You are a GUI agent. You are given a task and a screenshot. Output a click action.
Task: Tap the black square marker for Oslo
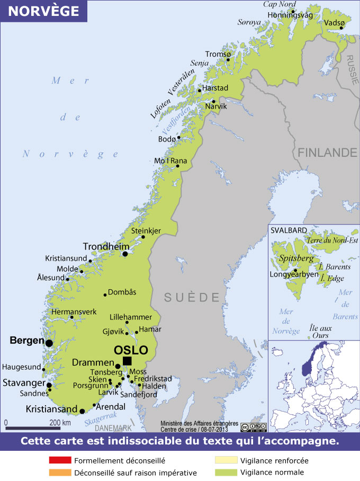tap(127, 361)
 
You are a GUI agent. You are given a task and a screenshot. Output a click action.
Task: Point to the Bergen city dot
tap(49, 343)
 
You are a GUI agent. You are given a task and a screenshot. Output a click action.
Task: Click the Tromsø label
tap(219, 55)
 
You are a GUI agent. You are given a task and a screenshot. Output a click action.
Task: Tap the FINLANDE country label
tap(327, 152)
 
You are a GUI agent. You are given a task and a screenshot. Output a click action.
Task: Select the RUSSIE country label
tap(353, 70)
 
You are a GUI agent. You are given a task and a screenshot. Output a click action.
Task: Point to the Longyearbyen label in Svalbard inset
tap(294, 275)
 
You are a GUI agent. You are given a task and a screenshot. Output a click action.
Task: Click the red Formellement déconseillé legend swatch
tap(59, 460)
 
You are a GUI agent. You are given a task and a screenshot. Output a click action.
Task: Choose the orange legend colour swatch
tap(59, 473)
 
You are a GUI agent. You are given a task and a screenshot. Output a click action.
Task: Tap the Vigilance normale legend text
tap(272, 473)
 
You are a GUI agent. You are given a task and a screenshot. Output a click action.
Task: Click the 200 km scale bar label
tap(59, 423)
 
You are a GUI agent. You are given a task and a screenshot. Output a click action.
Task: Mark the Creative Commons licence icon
tap(253, 428)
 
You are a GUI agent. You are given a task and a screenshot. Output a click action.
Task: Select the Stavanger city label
tap(22, 382)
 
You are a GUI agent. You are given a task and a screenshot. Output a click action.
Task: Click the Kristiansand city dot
tap(82, 411)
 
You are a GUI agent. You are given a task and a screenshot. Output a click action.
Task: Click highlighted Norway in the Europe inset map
tap(308, 362)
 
